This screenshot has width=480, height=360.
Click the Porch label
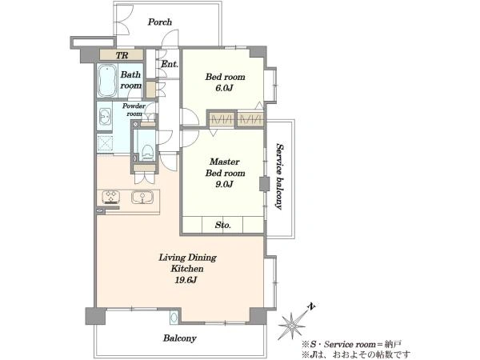(x=160, y=22)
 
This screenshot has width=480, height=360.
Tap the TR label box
(x=122, y=55)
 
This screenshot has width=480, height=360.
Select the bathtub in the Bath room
(x=107, y=81)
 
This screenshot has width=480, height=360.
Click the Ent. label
(x=170, y=64)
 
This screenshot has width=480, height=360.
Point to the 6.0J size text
(x=224, y=88)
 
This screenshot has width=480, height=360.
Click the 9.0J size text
(x=225, y=184)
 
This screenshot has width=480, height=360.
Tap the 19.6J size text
(x=186, y=280)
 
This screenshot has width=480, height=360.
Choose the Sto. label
(x=222, y=226)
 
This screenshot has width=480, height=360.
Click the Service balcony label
(x=279, y=176)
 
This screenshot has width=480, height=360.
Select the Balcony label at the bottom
(x=180, y=338)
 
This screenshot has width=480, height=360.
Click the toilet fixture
(x=147, y=152)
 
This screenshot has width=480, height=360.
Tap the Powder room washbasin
(x=105, y=117)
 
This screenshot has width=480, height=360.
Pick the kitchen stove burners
(x=110, y=197)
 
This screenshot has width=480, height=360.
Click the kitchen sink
(x=142, y=197)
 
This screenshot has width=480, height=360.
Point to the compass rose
(x=292, y=326)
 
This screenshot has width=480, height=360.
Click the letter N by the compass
(x=312, y=306)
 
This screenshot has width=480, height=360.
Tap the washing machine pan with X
(x=105, y=143)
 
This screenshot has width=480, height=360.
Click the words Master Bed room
(x=225, y=167)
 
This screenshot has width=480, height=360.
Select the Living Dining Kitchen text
(x=187, y=263)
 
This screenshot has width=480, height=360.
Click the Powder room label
(x=134, y=110)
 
